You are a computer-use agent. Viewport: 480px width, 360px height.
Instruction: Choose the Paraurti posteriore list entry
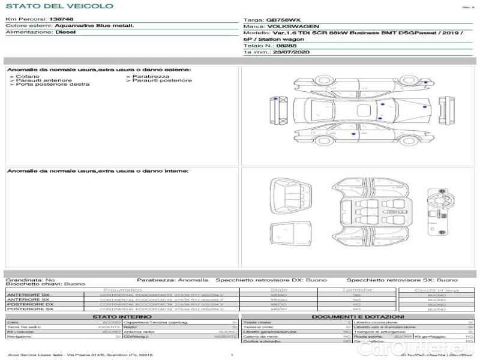click(x=162, y=80)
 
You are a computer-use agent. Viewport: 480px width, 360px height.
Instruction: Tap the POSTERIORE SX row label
click(x=29, y=309)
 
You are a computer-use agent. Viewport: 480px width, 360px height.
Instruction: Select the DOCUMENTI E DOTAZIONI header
click(x=358, y=317)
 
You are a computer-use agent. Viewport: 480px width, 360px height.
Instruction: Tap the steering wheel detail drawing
click(x=444, y=201)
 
